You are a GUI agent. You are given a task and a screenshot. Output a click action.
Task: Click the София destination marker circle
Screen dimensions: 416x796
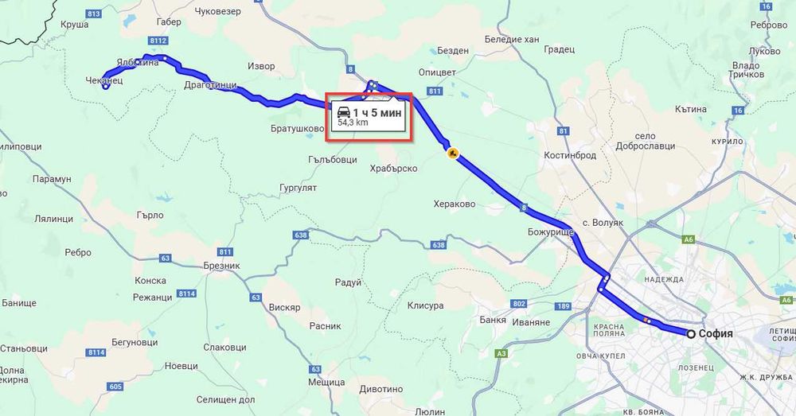(x=691, y=334)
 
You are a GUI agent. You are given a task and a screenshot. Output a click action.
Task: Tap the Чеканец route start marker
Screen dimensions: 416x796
(x=105, y=87)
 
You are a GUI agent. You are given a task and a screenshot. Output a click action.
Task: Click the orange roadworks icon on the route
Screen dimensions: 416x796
(x=452, y=153)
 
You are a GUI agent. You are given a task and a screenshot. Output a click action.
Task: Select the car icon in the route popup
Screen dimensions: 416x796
(x=343, y=112)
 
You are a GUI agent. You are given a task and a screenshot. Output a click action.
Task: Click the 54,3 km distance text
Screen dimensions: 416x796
(x=353, y=123)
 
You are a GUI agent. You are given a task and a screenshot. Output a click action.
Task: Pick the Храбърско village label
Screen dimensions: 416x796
(x=394, y=169)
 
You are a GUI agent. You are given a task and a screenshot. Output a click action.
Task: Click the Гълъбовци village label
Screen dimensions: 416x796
(x=332, y=159)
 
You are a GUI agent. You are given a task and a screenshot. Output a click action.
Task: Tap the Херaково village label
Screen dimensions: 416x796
(x=455, y=204)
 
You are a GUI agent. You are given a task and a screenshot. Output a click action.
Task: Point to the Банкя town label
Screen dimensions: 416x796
(x=494, y=320)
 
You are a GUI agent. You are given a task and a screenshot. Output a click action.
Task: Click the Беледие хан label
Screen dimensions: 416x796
(x=512, y=38)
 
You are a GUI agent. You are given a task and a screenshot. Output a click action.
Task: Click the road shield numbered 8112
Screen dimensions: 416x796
(x=158, y=40)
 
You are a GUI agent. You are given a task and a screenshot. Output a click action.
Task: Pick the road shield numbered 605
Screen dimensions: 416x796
(x=115, y=387)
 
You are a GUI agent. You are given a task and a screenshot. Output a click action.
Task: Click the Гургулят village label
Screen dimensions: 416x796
(x=298, y=188)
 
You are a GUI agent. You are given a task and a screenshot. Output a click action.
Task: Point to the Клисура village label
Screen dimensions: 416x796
(x=425, y=305)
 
